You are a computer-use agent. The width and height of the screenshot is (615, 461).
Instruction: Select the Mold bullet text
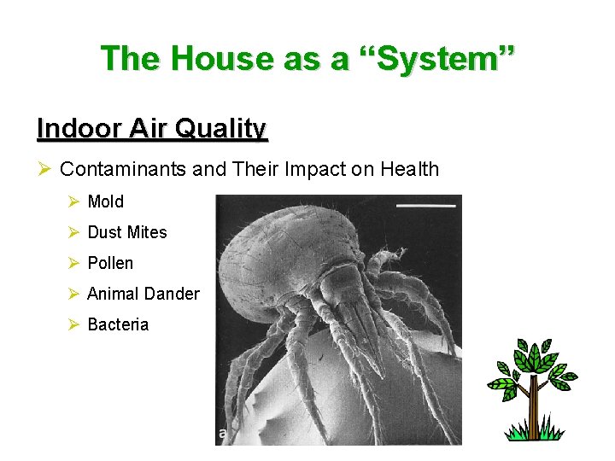(106, 201)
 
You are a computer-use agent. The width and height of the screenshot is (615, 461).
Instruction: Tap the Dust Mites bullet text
(127, 232)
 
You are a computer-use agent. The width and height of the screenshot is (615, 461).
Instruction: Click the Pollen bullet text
(110, 263)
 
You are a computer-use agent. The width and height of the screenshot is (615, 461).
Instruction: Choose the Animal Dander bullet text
(143, 294)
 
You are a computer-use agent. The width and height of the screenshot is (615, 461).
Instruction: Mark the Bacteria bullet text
(118, 324)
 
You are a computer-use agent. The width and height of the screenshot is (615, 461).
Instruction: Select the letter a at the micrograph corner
(223, 434)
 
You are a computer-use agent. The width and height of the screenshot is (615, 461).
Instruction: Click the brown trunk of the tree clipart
(533, 411)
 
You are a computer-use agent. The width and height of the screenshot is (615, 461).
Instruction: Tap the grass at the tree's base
(534, 433)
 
